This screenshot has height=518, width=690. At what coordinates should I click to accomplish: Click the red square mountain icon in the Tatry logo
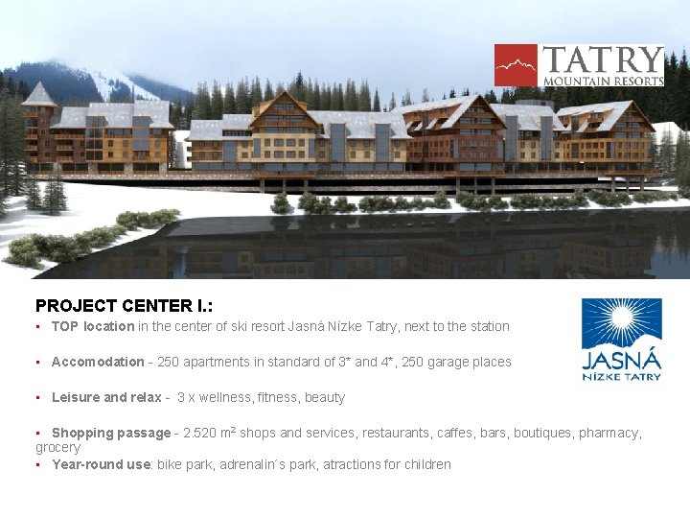click(x=516, y=65)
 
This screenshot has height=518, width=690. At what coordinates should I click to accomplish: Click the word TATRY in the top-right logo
click(x=602, y=59)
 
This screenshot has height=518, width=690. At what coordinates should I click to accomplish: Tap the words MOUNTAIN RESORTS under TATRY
click(x=603, y=81)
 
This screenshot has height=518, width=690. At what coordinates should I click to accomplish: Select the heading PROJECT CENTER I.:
click(x=124, y=306)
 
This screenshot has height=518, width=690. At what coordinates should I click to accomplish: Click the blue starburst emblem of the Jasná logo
click(x=621, y=322)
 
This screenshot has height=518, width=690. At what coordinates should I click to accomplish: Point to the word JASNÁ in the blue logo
click(x=622, y=360)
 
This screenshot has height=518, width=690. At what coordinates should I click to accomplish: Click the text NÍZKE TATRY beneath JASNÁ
click(x=622, y=376)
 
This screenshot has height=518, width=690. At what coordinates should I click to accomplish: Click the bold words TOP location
click(x=93, y=326)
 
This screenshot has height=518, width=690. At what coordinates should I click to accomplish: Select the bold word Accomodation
click(x=98, y=362)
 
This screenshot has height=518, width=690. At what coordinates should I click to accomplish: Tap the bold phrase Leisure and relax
click(x=105, y=397)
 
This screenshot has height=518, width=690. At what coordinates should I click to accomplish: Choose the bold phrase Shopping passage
click(x=110, y=433)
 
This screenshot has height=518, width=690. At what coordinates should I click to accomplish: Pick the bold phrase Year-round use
click(x=101, y=464)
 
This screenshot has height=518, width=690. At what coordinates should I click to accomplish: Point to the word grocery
click(x=57, y=447)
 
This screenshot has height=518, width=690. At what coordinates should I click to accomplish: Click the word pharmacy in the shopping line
click(x=609, y=433)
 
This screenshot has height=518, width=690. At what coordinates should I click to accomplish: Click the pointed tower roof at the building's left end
click(x=39, y=93)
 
